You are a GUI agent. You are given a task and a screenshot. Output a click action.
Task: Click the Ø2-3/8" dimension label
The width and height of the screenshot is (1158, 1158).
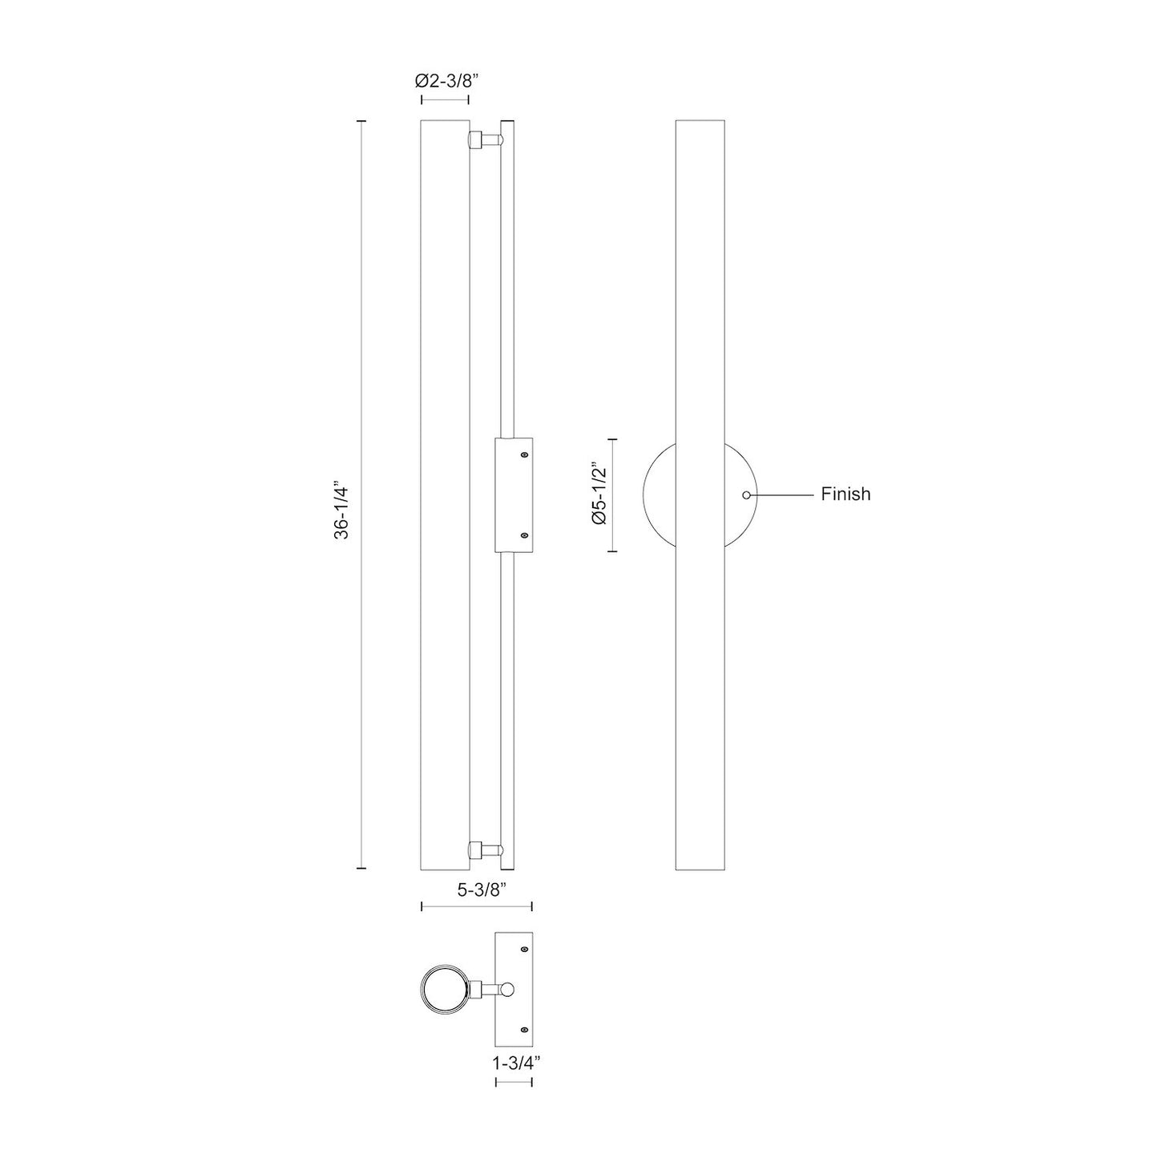pos(446,80)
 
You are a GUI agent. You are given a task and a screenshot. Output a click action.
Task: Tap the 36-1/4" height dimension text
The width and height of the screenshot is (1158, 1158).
pos(341,509)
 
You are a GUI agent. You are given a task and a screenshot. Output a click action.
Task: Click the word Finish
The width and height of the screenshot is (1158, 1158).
pos(845,494)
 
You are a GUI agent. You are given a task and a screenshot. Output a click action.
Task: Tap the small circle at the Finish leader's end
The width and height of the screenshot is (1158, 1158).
pos(747,495)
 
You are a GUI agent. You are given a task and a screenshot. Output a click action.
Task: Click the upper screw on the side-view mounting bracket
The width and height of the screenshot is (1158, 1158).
pos(524,455)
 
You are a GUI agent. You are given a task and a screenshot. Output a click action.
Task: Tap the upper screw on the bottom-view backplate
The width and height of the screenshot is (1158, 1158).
pos(524,950)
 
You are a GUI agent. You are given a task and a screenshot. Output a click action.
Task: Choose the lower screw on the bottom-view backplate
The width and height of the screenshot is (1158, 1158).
pos(524,1029)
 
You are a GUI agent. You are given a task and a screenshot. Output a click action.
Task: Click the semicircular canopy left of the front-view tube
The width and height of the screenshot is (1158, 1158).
pos(660,494)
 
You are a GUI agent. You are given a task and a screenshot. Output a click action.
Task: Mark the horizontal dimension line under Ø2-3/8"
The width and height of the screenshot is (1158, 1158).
pos(445,100)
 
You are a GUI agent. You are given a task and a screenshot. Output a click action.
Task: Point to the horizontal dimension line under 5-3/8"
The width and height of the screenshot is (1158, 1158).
pos(477,906)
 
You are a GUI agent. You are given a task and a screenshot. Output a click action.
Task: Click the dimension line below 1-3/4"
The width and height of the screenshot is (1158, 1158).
pos(514,1082)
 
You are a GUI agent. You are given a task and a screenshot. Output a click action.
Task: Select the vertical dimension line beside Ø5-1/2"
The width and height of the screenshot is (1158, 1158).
pos(613,495)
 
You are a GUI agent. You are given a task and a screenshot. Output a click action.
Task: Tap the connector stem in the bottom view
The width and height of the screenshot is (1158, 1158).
pos(485,989)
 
